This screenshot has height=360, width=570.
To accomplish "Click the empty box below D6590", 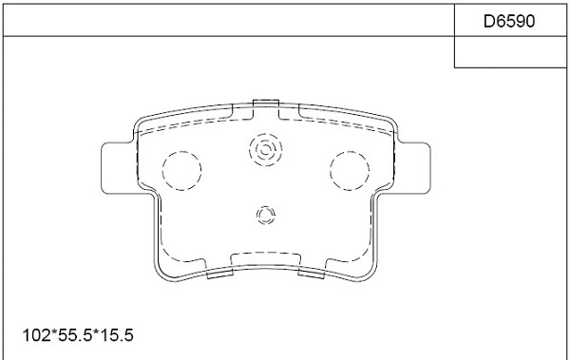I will point(511,52).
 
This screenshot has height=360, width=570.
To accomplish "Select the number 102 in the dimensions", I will point(34,335).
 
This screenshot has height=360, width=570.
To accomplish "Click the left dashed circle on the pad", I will point(183,171).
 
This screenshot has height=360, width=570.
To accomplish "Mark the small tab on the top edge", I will point(266,102).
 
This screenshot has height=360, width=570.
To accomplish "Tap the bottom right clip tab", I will point(313,273).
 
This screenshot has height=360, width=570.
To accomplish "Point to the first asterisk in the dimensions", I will point(50,335).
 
